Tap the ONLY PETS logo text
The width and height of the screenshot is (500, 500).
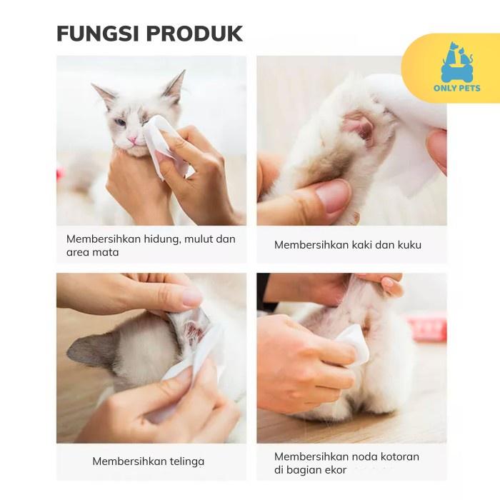click(456, 88)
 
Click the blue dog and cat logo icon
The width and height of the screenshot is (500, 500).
click(457, 62)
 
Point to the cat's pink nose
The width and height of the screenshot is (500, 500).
click(132, 139)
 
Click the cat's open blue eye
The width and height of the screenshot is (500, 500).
click(120, 122)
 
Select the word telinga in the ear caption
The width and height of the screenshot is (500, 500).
click(187, 461)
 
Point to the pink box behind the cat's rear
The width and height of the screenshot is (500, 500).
click(427, 329)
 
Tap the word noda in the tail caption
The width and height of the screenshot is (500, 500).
click(354, 456)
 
